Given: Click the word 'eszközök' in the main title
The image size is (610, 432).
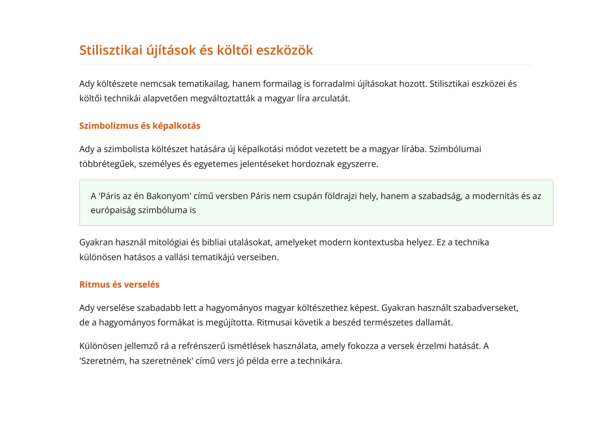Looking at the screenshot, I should pos(284,50).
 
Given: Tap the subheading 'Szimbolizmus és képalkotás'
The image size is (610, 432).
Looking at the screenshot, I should pos(139,126).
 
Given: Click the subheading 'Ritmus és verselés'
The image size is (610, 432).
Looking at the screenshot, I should pos(119,284).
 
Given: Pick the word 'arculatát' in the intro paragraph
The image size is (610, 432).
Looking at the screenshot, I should pos(330,98).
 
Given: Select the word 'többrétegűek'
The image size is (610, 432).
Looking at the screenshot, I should pos(107,164).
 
